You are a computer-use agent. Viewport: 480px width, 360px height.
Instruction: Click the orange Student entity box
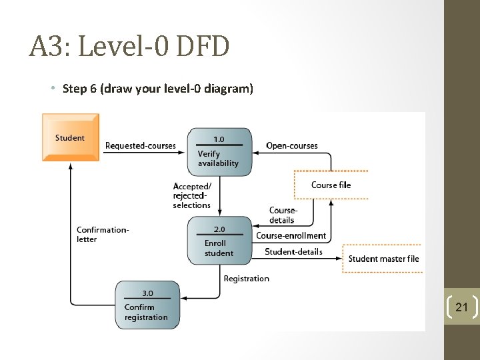70,137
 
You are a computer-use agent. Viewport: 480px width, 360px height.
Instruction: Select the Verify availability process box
220,153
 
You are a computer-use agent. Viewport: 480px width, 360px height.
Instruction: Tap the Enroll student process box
219,241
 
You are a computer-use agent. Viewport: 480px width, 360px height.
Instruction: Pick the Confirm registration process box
147,305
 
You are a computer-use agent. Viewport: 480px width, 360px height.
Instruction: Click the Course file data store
331,185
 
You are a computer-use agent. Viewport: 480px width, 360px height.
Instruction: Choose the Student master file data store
383,259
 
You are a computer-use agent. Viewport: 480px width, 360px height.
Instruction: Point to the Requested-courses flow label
141,146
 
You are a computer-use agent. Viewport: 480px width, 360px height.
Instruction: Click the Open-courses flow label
292,146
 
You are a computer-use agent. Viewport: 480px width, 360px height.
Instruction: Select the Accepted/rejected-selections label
192,196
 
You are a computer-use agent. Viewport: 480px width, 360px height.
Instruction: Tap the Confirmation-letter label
103,235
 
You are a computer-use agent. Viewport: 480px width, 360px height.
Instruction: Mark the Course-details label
283,215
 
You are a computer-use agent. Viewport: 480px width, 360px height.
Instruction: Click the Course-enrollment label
291,235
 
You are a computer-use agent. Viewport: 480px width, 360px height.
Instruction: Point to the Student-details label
293,252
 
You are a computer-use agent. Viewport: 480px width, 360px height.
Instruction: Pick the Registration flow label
247,279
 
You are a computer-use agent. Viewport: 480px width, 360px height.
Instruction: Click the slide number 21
461,307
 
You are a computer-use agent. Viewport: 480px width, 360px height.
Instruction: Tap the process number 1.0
219,139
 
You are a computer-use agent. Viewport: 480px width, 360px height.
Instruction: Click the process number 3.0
147,293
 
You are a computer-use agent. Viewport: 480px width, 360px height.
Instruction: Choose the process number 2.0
219,229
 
